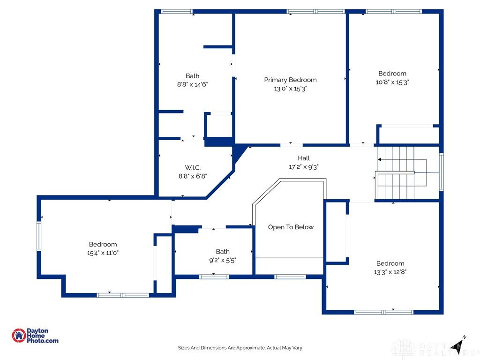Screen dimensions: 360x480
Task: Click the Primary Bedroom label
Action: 290,80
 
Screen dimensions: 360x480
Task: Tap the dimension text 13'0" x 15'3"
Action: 290,89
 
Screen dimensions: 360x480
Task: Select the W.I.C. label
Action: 192,167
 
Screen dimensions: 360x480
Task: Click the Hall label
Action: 303,158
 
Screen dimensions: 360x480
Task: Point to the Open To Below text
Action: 291,227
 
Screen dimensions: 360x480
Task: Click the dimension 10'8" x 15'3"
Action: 392,82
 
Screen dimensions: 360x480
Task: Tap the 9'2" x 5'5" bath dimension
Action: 223,260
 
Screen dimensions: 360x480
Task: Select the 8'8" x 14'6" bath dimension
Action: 192,84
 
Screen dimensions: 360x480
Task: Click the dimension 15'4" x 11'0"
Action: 103,253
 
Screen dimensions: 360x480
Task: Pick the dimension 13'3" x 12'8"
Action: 390,272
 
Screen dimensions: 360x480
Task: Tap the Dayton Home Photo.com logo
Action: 35,336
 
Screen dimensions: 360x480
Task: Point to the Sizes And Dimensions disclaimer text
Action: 240,348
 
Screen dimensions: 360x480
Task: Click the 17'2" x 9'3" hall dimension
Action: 303,167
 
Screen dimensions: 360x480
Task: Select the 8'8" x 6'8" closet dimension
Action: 192,176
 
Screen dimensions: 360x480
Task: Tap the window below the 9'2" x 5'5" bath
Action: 214,277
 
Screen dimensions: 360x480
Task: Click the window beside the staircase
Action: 441,172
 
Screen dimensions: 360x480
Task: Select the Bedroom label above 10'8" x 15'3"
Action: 392,73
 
